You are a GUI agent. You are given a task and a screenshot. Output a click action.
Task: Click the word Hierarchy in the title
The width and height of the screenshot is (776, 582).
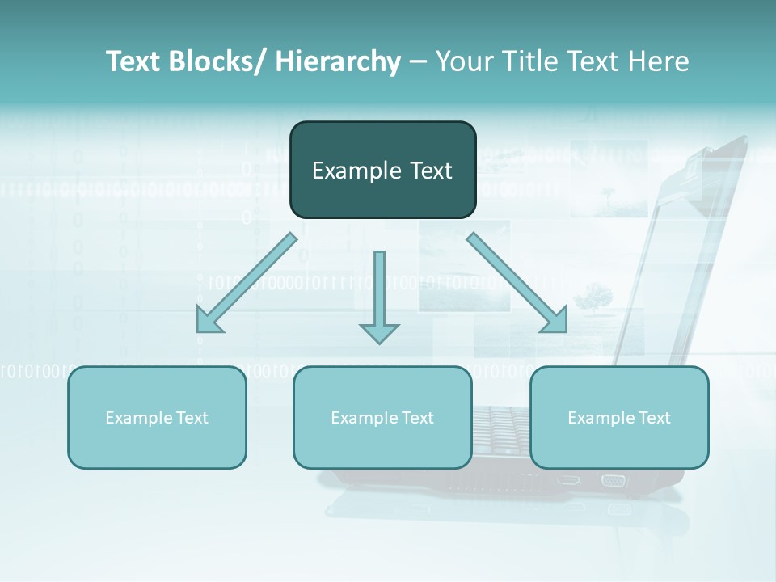pyautogui.click(x=338, y=61)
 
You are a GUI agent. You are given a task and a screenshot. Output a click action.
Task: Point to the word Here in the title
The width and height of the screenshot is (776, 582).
pyautogui.click(x=659, y=61)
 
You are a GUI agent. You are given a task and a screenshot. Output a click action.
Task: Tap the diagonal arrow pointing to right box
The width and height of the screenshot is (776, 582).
pyautogui.click(x=517, y=283)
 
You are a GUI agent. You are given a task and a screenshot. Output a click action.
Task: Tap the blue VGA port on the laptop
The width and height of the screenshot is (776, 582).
pyautogui.click(x=613, y=480)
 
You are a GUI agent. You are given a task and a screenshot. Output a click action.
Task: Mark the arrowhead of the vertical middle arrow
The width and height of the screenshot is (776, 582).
pyautogui.click(x=379, y=333)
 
